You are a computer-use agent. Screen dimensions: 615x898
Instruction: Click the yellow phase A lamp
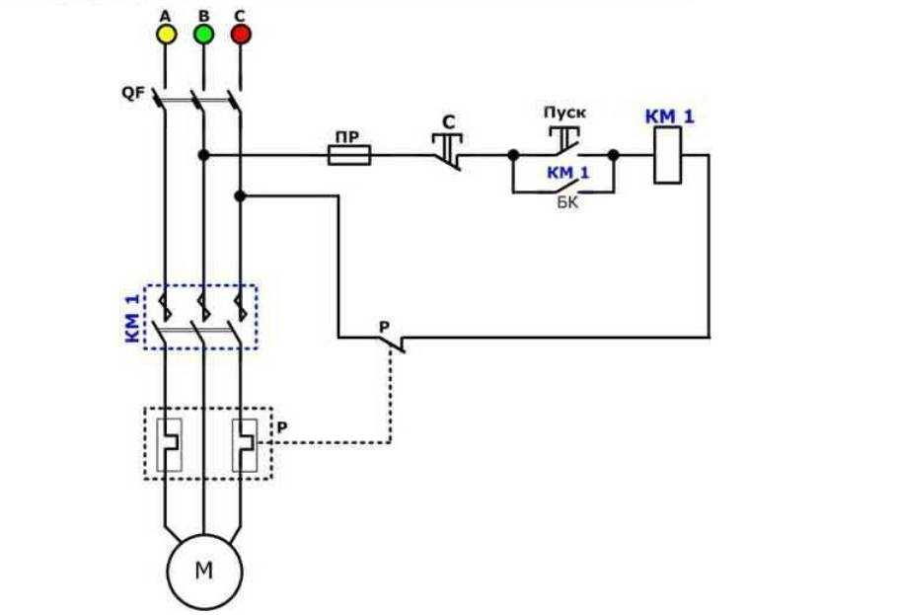point(166,35)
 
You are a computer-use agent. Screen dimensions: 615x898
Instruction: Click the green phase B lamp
point(203,35)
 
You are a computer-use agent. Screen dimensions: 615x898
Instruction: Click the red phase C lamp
point(241,35)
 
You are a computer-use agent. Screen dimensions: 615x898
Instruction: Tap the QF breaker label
point(132,94)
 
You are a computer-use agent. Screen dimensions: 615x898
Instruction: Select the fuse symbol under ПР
point(348,155)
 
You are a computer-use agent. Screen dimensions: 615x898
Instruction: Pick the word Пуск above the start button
point(564,114)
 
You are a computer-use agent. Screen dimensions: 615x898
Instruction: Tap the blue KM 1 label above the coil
point(670,117)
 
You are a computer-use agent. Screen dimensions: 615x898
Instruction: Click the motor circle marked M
point(203,572)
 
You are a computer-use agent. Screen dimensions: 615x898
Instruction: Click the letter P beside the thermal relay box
point(282,427)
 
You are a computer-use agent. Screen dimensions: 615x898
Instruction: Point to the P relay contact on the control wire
point(392,342)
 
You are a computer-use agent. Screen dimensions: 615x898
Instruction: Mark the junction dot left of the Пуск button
point(513,155)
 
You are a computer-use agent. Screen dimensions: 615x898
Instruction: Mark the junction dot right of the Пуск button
point(613,155)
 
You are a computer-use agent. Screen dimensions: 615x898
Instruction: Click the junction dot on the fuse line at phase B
point(203,155)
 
